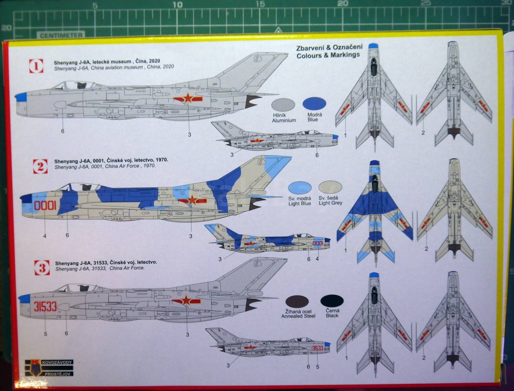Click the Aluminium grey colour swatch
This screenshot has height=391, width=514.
pos(283,105)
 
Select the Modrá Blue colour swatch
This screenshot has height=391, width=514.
pos(314,103)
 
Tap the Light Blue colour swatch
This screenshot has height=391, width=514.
pos(300,188)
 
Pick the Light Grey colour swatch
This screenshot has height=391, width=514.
pos(330,187)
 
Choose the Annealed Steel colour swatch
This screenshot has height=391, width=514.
pos(297,302)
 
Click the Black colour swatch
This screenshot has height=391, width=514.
pos(332,301)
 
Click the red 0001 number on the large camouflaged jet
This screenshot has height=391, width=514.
pos(45,205)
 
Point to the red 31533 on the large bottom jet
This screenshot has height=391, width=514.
pos(45,306)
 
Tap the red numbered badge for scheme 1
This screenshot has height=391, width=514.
pos(36,66)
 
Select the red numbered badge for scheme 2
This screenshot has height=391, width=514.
pos(40,166)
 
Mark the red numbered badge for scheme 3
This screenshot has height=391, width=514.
pos(42,268)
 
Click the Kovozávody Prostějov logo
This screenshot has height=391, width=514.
pos(49,368)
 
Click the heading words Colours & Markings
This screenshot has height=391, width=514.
pos(328,55)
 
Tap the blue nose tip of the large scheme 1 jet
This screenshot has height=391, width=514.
pos(21,97)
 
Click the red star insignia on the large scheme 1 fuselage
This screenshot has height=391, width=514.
pos(188,98)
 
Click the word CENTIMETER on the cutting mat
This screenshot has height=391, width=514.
pos(61,35)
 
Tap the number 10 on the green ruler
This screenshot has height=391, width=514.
pos(177,5)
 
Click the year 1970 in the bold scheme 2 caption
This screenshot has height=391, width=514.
pos(162,160)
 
